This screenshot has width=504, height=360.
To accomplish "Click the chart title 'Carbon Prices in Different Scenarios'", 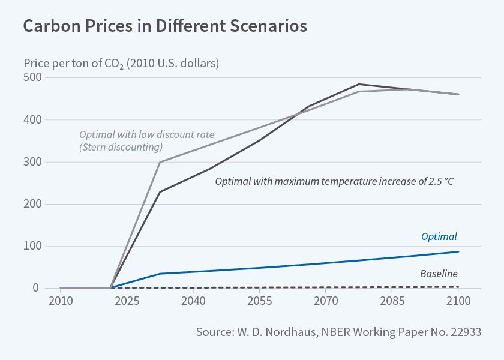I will [x=165, y=27].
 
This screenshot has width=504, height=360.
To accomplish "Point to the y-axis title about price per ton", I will [x=121, y=63].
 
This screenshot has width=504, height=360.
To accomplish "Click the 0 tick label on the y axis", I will [x=37, y=288].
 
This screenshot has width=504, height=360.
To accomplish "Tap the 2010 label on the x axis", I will [x=60, y=301].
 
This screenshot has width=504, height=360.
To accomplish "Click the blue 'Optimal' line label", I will [x=439, y=237].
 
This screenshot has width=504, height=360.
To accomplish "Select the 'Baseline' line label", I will [x=439, y=274].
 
